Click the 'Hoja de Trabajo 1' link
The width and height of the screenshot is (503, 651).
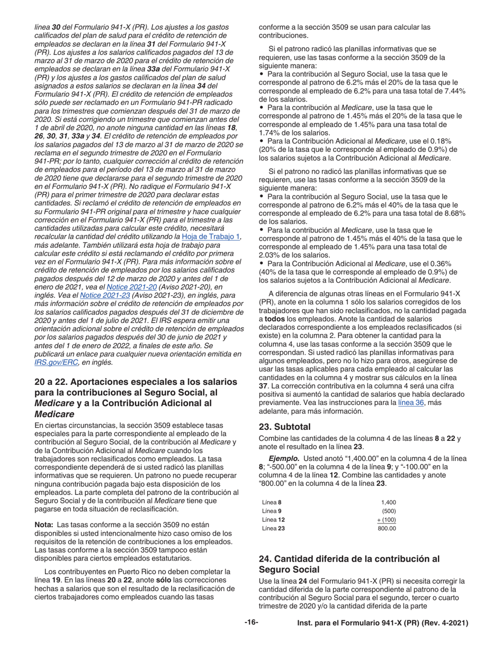point(211,236)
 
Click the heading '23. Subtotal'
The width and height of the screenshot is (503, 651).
point(284,426)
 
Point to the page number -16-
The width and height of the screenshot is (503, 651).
point(251,623)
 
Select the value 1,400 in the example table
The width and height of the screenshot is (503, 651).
point(388,502)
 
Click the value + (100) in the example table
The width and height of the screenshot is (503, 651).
point(387,519)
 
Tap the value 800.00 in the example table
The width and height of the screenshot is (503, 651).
point(387,528)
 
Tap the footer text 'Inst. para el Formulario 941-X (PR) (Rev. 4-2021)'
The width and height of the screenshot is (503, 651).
point(383,623)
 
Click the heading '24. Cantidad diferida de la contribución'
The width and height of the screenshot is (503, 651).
point(349,559)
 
